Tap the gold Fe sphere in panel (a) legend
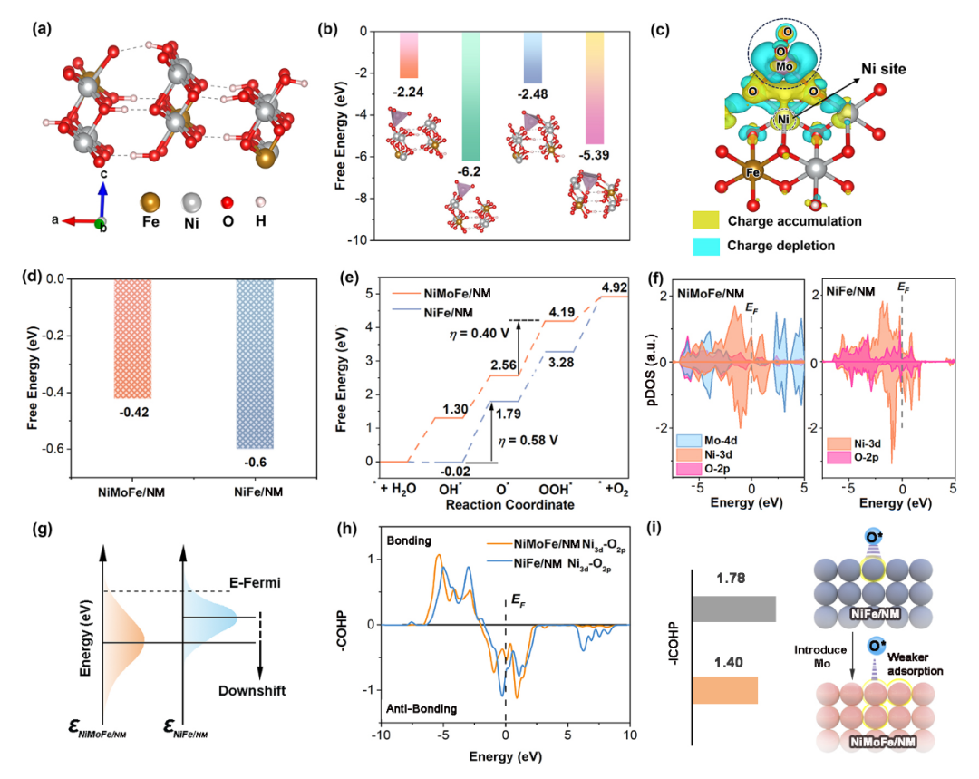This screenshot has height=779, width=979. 154,200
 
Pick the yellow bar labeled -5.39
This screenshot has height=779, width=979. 595,91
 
